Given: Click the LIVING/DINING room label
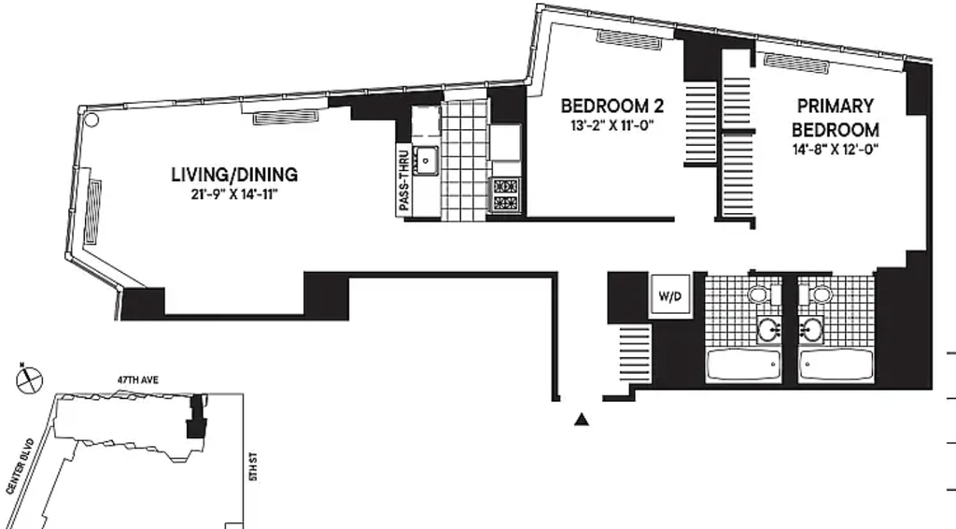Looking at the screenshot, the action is (234, 175).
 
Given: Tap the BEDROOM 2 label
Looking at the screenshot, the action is (612, 107).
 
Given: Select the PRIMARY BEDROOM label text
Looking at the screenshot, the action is (836, 118).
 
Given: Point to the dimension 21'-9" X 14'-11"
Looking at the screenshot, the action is (234, 195).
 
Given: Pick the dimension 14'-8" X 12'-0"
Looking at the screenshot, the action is (836, 150).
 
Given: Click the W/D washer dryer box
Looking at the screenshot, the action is (670, 296).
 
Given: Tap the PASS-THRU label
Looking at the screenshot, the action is (403, 181).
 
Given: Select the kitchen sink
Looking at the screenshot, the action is (426, 161).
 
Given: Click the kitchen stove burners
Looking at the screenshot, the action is (505, 194).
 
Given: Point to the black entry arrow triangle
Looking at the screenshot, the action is (582, 419).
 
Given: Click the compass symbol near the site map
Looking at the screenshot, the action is (30, 379).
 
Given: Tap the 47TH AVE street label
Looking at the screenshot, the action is (138, 380).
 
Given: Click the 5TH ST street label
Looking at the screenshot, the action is (254, 466).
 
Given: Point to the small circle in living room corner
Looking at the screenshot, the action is (91, 120).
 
